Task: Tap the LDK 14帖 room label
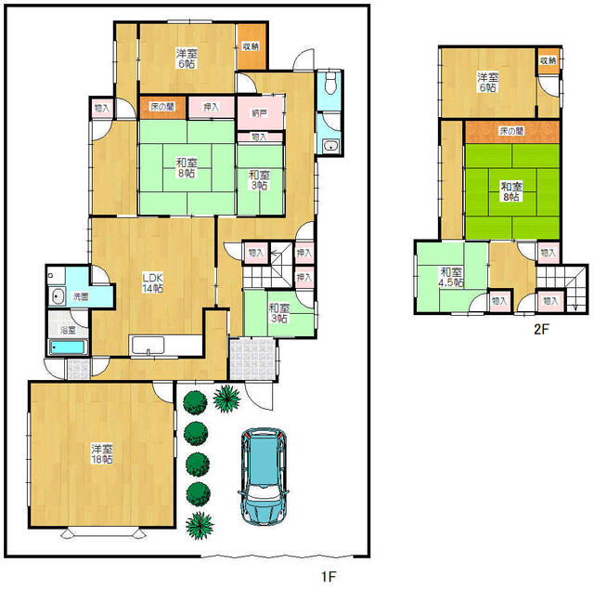(x=152, y=282)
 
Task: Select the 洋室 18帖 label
(x=101, y=454)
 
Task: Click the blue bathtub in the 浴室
(x=68, y=347)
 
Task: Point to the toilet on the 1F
(x=330, y=84)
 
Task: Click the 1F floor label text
(x=329, y=577)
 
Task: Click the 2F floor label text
(x=541, y=329)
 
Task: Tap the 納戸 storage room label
(x=260, y=113)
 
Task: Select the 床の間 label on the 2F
(x=511, y=131)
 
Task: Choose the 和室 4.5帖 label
(x=451, y=277)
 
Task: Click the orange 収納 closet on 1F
(x=252, y=46)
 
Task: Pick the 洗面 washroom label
(x=81, y=296)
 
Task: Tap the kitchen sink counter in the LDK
(x=165, y=346)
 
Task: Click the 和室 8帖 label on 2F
(x=511, y=191)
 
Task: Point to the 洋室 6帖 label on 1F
(x=187, y=58)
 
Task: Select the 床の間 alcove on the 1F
(x=163, y=107)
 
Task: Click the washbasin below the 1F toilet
(x=331, y=146)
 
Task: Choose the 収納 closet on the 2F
(x=549, y=60)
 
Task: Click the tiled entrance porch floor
(x=252, y=360)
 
